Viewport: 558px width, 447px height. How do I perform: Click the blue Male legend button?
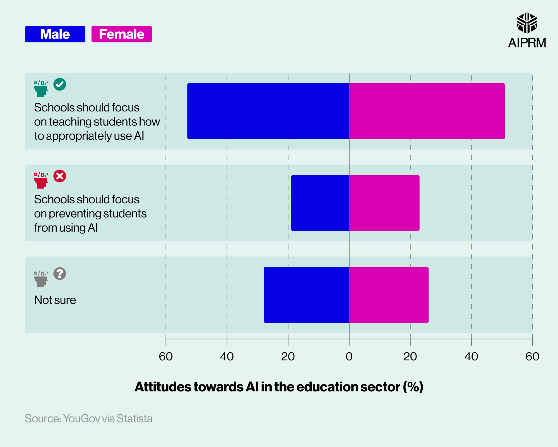pos(55,34)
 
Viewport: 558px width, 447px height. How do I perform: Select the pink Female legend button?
pos(122,34)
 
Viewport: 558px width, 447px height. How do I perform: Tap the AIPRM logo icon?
pos(526,23)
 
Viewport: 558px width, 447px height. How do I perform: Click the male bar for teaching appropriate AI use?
pos(268,111)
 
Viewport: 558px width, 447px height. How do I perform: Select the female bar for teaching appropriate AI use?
pos(427,111)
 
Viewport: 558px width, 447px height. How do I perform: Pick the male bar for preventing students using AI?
pos(320,203)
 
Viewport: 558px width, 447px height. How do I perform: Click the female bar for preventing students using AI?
pos(384,203)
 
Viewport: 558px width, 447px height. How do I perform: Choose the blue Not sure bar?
pos(306,295)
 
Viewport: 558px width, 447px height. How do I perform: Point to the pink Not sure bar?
pos(389,295)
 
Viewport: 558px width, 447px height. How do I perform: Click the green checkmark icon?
pos(60,84)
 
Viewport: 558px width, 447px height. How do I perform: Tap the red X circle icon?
pos(60,176)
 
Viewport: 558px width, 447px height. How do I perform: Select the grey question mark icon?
pos(60,274)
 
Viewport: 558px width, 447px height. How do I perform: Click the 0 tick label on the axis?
pos(349,356)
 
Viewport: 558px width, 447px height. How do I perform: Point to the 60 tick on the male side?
pos(166,356)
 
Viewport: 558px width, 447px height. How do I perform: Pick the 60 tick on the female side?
pos(532,356)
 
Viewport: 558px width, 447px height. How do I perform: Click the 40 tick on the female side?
pos(471,356)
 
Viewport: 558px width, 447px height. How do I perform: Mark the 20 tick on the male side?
pos(288,356)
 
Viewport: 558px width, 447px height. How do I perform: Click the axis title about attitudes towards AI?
pos(279,387)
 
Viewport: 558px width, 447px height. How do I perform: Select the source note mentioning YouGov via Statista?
pos(89,419)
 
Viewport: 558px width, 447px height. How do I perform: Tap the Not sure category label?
pos(55,300)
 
